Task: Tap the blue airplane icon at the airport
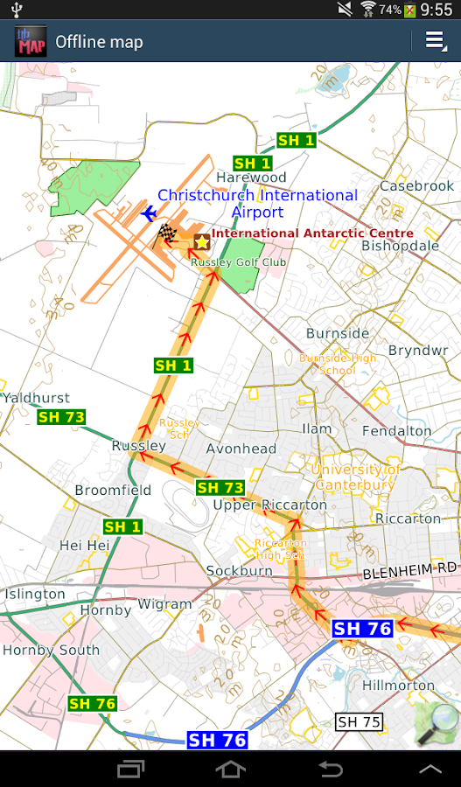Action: pos(148,213)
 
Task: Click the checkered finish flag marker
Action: pos(166,233)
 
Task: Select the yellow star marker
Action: pos(201,241)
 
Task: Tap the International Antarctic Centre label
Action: pos(312,233)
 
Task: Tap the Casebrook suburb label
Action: pos(416,186)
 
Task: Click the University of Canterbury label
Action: pos(354,477)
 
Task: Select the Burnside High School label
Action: pos(338,364)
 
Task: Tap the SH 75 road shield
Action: pos(359,721)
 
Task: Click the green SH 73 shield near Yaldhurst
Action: pos(61,417)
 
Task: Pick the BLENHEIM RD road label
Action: pos(409,569)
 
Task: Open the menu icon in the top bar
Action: pos(435,41)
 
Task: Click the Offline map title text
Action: pos(99,42)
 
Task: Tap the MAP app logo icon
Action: pos(31,41)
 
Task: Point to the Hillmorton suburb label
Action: pos(398,685)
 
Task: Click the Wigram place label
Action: pos(164,604)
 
